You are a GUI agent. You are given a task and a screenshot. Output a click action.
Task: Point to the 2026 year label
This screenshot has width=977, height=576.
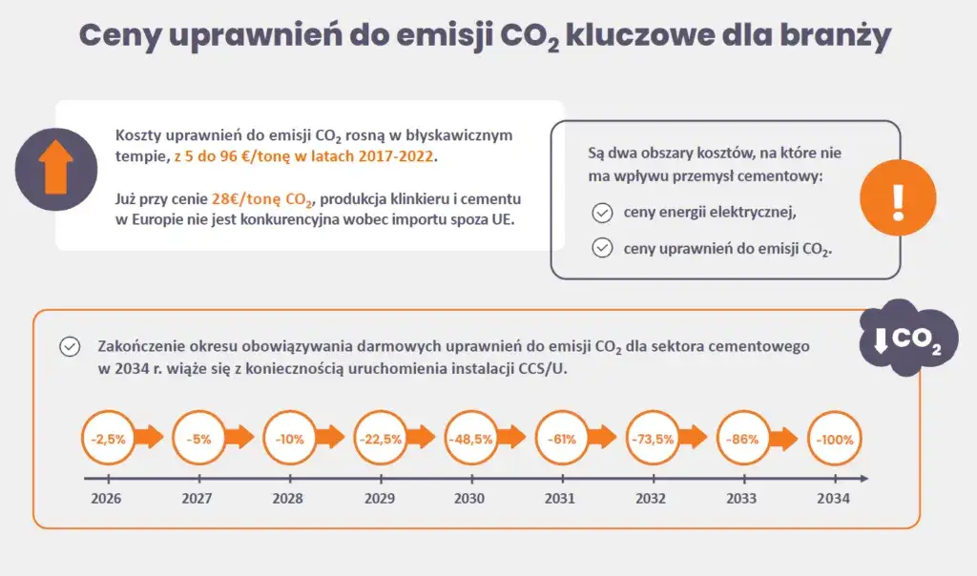point(106,498)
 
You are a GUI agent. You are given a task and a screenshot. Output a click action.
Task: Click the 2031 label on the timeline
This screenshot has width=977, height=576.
point(560,498)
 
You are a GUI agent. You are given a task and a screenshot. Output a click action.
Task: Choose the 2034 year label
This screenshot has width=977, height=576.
point(834,498)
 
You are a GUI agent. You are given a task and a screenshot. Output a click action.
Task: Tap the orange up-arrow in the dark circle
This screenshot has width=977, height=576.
point(55,169)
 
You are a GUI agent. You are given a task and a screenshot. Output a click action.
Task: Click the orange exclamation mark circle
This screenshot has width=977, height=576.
point(897,198)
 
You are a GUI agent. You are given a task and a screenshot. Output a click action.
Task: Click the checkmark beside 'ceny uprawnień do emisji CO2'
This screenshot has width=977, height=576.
point(602,248)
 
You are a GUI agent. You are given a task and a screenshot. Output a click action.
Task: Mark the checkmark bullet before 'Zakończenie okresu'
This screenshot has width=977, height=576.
point(70,347)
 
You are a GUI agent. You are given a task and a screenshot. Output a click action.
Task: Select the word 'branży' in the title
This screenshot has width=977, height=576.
point(835,36)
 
